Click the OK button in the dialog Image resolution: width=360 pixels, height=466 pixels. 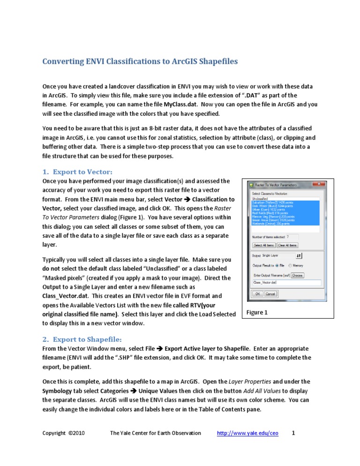(257, 294)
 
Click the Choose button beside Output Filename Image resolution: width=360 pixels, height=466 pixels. (298, 275)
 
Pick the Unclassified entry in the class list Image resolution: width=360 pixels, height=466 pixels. (261, 199)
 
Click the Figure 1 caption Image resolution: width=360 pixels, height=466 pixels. (258, 313)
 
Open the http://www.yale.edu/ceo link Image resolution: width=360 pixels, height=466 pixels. (247, 433)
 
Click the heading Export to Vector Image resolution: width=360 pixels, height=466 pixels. (82, 172)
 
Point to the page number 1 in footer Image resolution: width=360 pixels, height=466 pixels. (293, 433)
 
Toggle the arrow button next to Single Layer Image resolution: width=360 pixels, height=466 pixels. (300, 256)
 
